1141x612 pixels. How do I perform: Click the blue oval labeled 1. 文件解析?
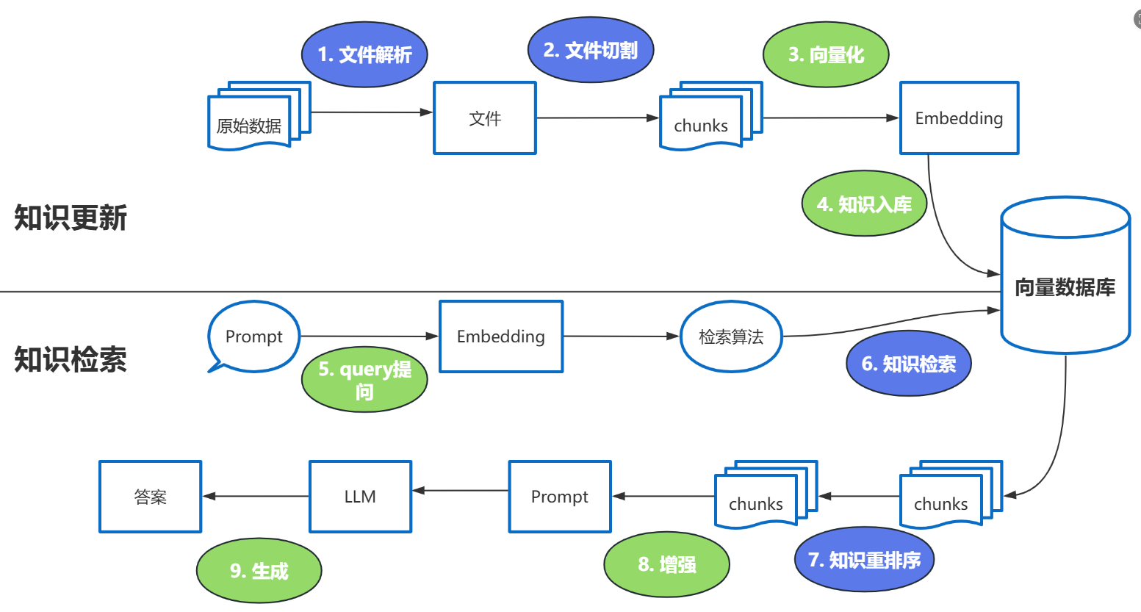(364, 54)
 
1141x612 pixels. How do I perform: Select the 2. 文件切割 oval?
(591, 50)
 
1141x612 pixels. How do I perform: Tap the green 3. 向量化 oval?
(826, 54)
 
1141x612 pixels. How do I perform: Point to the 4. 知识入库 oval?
(864, 204)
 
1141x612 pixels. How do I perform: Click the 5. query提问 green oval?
(364, 380)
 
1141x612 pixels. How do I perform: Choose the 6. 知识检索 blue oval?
(909, 364)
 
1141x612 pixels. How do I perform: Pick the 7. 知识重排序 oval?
(864, 560)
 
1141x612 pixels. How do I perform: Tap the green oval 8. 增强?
(666, 564)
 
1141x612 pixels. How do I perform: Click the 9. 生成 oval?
(259, 571)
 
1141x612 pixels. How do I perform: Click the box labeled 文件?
(485, 118)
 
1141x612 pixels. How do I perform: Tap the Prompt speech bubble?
(254, 336)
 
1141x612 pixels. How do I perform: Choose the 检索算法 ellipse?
(731, 336)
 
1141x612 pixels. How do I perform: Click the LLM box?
(360, 497)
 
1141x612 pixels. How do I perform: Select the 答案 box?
(151, 497)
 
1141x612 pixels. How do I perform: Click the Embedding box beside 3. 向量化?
(959, 118)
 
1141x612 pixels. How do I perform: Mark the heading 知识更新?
(71, 218)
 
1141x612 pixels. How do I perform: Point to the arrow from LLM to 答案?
(256, 496)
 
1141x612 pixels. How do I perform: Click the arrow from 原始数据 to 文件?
(372, 112)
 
